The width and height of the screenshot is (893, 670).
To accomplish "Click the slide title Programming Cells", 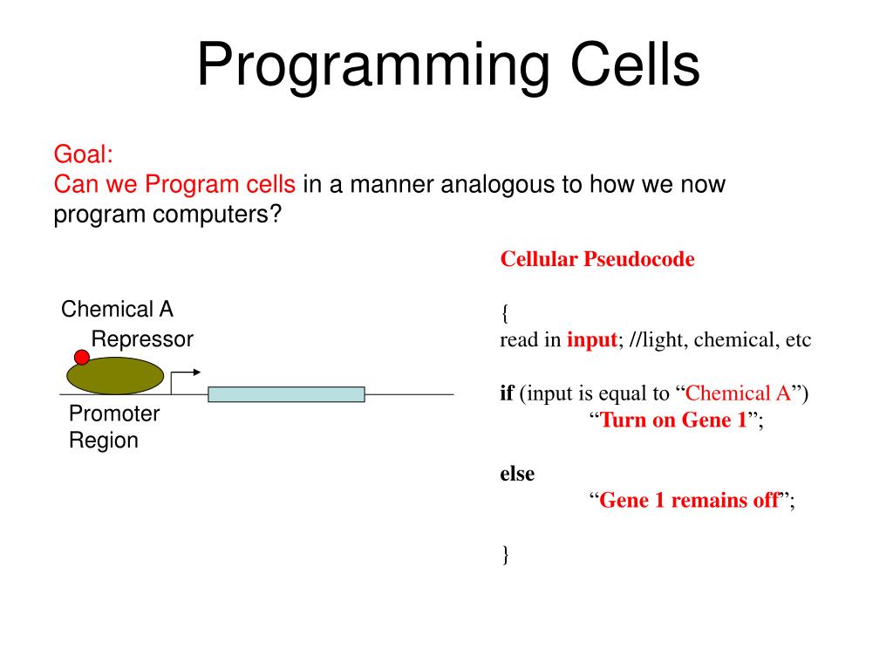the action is pyautogui.click(x=448, y=65).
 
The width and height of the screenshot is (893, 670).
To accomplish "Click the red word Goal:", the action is pyautogui.click(x=83, y=154).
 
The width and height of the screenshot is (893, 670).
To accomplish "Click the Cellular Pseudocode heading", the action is pyautogui.click(x=597, y=259).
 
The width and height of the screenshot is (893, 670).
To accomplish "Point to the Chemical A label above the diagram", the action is pyautogui.click(x=117, y=309).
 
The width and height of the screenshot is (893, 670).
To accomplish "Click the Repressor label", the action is pyautogui.click(x=142, y=339).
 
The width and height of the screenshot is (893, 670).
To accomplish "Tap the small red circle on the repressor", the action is pyautogui.click(x=82, y=357).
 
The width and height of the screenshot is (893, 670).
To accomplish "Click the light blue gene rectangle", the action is pyautogui.click(x=286, y=394).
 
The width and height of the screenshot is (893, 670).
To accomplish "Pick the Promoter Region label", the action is pyautogui.click(x=114, y=427).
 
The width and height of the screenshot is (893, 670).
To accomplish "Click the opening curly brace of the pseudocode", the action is pyautogui.click(x=505, y=313).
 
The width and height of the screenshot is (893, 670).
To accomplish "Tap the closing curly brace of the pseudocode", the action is pyautogui.click(x=505, y=554).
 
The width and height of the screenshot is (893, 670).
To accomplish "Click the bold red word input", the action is pyautogui.click(x=592, y=339).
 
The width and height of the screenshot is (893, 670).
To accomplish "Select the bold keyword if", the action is pyautogui.click(x=507, y=393).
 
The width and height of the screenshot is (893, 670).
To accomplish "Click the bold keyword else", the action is pyautogui.click(x=517, y=474).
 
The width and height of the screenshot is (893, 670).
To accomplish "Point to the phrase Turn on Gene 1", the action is pyautogui.click(x=673, y=420).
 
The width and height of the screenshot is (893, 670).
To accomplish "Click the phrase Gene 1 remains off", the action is pyautogui.click(x=689, y=500).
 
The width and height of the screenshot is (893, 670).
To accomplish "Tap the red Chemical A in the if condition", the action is pyautogui.click(x=738, y=393).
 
